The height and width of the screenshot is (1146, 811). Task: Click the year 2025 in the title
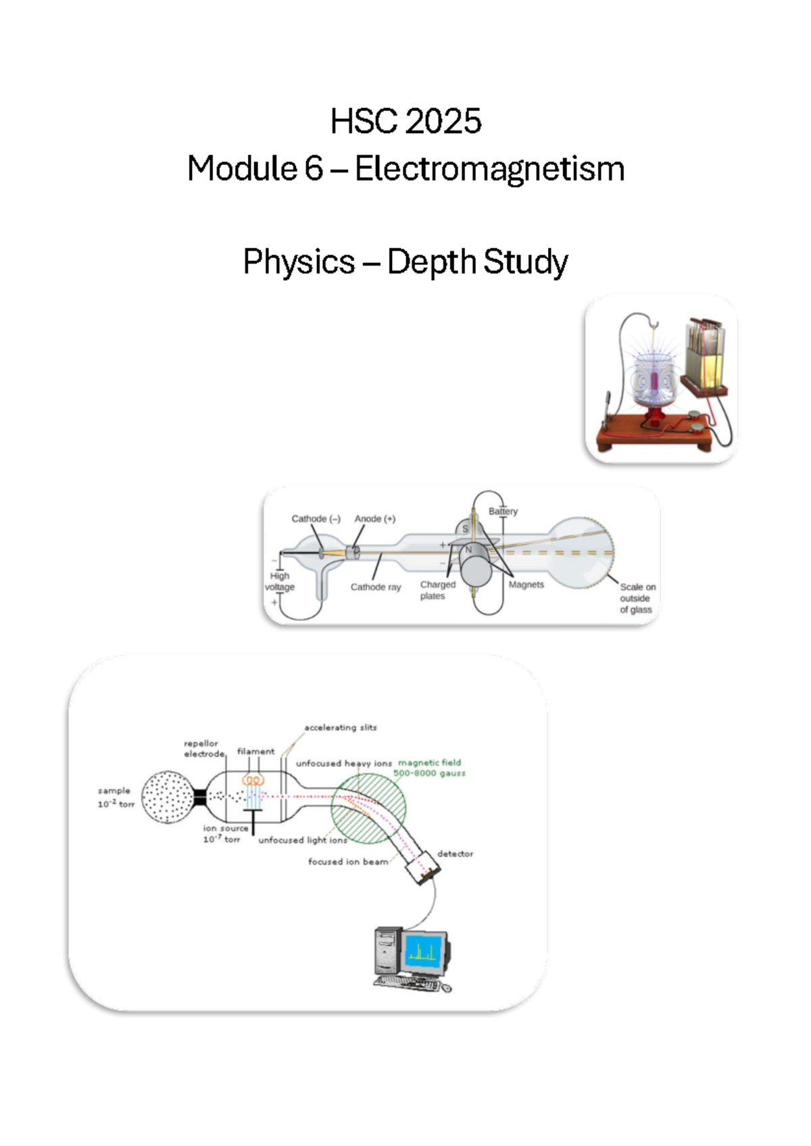[x=444, y=122]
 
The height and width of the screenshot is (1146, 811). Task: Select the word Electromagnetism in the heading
[x=489, y=169]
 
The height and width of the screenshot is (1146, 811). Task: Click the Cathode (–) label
[x=316, y=519]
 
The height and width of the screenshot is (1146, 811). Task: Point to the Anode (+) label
[x=375, y=519]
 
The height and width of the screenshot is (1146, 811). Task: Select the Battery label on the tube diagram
[x=503, y=512]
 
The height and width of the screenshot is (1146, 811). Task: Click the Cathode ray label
[x=376, y=587]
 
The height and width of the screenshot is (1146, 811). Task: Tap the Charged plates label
[x=437, y=590]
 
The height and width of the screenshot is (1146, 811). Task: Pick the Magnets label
[x=526, y=584]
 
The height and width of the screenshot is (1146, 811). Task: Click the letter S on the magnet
[x=465, y=529]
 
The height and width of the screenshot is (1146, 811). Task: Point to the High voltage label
[x=280, y=581]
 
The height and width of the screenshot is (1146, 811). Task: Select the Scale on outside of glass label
[x=637, y=598]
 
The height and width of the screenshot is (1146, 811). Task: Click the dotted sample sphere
[x=168, y=797]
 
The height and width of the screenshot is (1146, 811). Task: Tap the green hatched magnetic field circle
[x=369, y=808]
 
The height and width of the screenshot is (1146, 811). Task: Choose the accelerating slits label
[x=341, y=728]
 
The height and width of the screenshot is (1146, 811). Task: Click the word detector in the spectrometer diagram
[x=455, y=854]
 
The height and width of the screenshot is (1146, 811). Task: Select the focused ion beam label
[x=348, y=862]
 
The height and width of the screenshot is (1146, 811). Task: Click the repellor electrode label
[x=203, y=749]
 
